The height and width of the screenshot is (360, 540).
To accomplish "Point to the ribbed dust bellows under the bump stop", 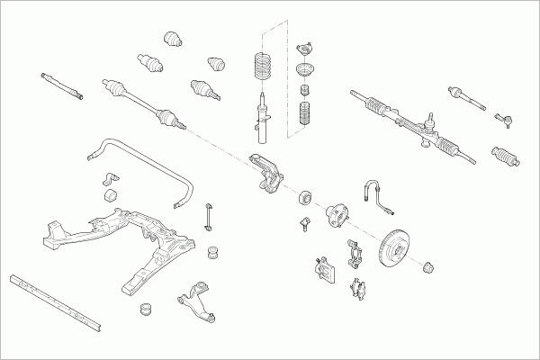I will point(303,117).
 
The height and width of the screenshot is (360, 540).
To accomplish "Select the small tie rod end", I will point(506,117).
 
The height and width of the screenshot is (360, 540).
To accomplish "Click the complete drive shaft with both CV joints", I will point(144,101).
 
